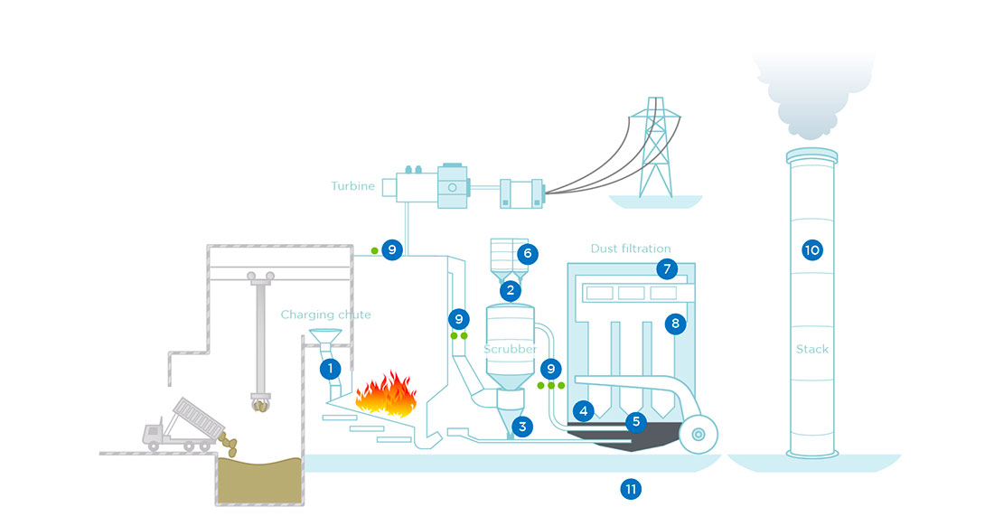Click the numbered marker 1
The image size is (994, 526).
pyautogui.click(x=331, y=369)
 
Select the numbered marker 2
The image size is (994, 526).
pyautogui.click(x=511, y=290)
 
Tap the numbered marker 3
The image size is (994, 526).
pyautogui.click(x=521, y=425)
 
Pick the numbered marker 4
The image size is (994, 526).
pyautogui.click(x=584, y=411)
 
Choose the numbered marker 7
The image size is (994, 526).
pyautogui.click(x=667, y=268)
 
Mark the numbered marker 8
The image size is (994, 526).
pyautogui.click(x=674, y=324)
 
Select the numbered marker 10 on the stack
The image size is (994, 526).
pyautogui.click(x=811, y=250)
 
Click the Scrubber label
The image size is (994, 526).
pyautogui.click(x=510, y=349)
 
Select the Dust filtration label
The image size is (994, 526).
pyautogui.click(x=631, y=248)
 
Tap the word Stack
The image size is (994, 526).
pyautogui.click(x=811, y=349)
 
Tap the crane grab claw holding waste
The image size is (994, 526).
pyautogui.click(x=262, y=402)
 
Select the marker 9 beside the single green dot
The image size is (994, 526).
pyautogui.click(x=391, y=249)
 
